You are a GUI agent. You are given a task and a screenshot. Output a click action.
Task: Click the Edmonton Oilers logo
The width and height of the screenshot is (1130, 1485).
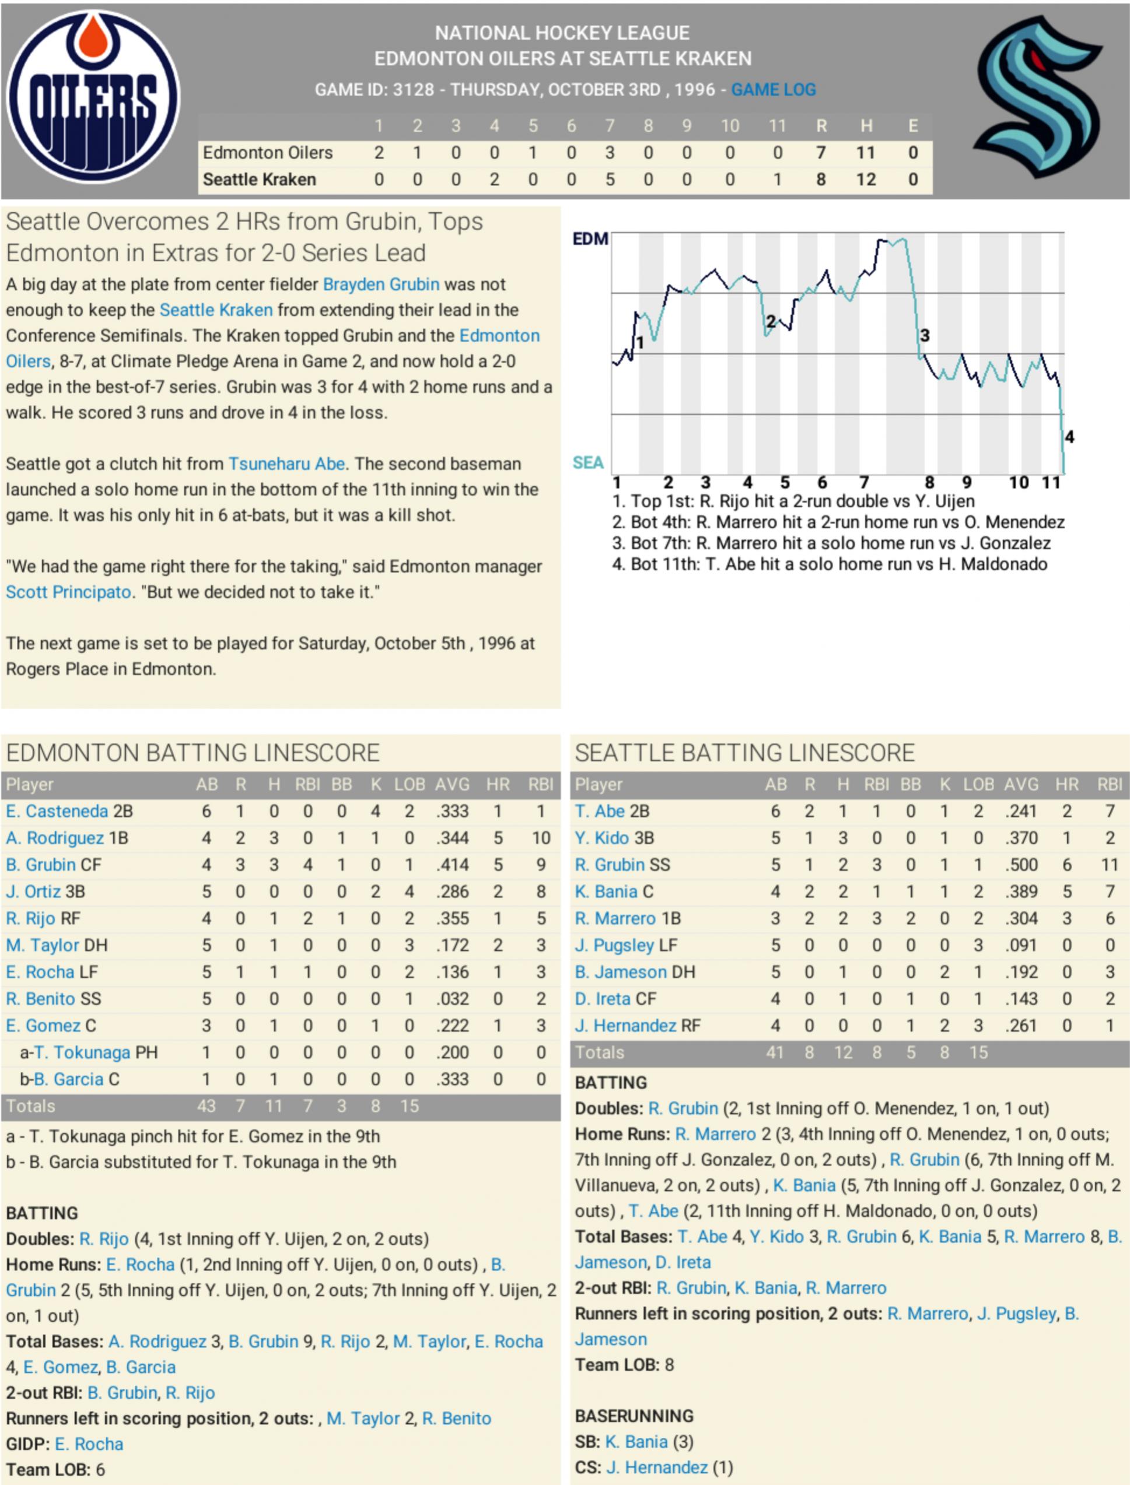(x=93, y=97)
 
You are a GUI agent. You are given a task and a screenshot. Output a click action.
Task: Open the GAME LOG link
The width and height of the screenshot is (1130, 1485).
(x=774, y=89)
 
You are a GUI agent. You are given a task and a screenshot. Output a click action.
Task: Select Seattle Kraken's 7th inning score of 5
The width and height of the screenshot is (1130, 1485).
(x=610, y=180)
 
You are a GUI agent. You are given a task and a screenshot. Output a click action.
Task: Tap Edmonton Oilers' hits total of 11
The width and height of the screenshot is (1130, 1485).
(x=865, y=153)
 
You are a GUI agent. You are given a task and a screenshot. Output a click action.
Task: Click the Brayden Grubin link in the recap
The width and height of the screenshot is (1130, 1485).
(x=381, y=285)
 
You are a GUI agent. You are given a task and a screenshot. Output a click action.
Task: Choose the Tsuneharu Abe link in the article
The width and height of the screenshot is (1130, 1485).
(x=286, y=464)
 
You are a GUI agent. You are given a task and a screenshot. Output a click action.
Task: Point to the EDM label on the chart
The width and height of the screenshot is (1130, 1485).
(x=590, y=239)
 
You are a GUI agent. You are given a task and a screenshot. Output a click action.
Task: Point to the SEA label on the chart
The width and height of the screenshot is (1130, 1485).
(x=587, y=462)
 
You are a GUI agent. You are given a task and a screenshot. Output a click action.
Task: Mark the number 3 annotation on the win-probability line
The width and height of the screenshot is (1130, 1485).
(x=925, y=335)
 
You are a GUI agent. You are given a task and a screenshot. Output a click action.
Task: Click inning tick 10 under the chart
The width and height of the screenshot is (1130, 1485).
(x=1019, y=482)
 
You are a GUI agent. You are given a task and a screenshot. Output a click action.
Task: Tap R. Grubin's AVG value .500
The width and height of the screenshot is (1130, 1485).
(x=1021, y=865)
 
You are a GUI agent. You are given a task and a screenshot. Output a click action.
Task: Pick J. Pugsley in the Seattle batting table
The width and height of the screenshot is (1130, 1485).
(x=614, y=945)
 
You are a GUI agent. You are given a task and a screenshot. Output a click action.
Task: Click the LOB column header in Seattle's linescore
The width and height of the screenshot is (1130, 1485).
(x=978, y=785)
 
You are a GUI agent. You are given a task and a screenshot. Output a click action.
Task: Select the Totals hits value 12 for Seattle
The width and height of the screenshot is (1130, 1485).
(x=843, y=1053)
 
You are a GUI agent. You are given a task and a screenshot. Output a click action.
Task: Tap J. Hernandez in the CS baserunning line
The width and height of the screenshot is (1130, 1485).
(x=656, y=1468)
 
